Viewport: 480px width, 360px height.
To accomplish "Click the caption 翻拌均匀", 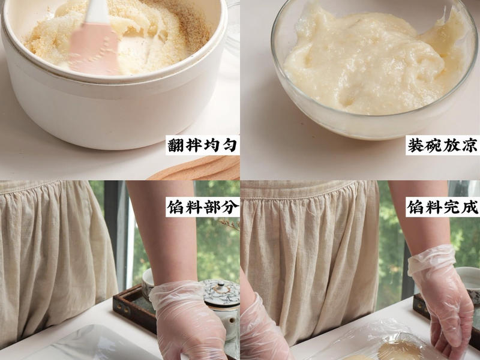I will pyautogui.click(x=202, y=146).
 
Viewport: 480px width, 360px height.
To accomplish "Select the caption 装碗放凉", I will pyautogui.click(x=443, y=146).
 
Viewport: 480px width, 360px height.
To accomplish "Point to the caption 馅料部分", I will pyautogui.click(x=202, y=207).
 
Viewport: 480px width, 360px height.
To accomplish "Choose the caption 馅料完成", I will pyautogui.click(x=443, y=207).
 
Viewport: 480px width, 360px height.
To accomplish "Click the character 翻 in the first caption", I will pyautogui.click(x=175, y=146).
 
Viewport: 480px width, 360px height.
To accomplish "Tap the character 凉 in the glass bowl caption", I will pyautogui.click(x=470, y=146).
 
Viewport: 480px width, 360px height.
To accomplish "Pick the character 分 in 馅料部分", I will pyautogui.click(x=229, y=207).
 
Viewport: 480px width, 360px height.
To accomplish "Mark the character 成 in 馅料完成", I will pyautogui.click(x=470, y=207).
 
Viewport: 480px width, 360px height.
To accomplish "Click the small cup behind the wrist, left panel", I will pyautogui.click(x=148, y=282).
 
